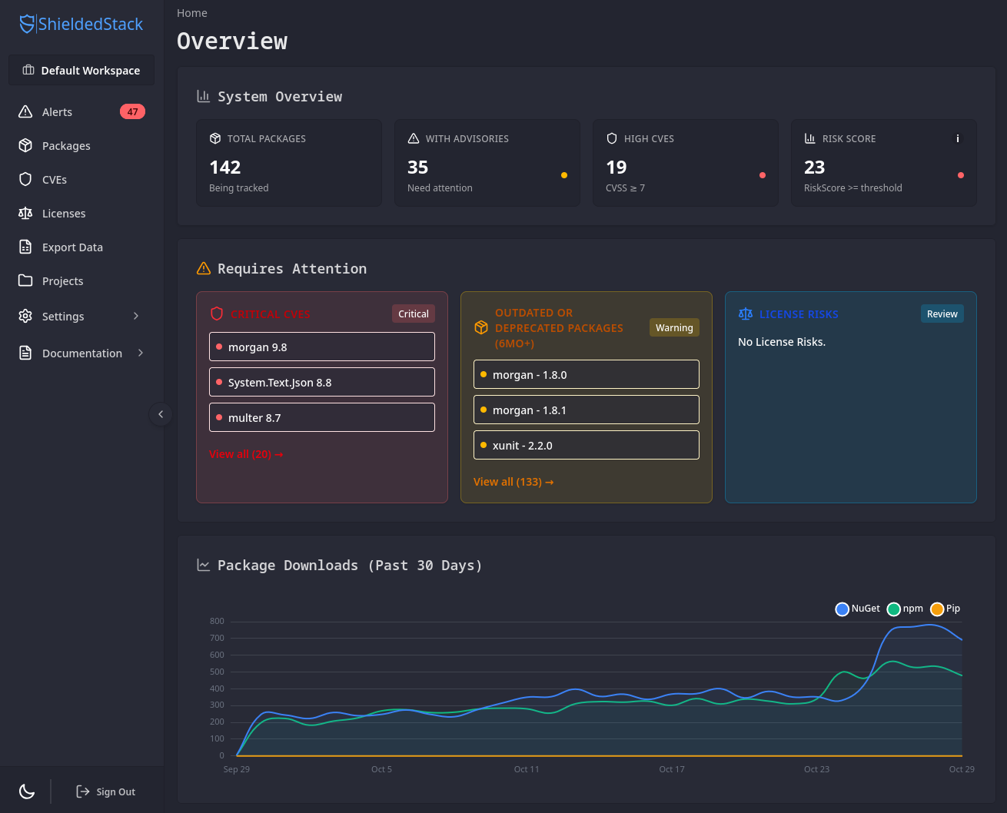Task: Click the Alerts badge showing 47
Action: [x=132, y=112]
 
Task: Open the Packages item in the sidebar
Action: [x=66, y=146]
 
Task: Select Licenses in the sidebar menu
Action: [x=64, y=214]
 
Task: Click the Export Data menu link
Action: [x=72, y=247]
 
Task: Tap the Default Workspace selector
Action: [x=81, y=71]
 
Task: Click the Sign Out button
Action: [x=106, y=791]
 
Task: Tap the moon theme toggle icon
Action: [x=27, y=791]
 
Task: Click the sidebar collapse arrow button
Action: [x=161, y=414]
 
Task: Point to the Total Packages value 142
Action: [x=225, y=168]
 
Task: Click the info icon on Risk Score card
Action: [x=957, y=139]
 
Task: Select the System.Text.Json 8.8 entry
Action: [x=322, y=383]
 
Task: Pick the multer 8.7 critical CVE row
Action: [x=322, y=418]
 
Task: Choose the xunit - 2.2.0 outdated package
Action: [x=587, y=446]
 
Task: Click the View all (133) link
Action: [x=513, y=482]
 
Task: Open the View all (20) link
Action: [x=246, y=454]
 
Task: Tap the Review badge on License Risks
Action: [x=942, y=314]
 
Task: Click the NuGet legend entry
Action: [x=858, y=609]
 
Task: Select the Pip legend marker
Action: [x=937, y=609]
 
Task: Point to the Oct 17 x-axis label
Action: [x=671, y=769]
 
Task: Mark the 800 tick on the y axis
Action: [x=217, y=622]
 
